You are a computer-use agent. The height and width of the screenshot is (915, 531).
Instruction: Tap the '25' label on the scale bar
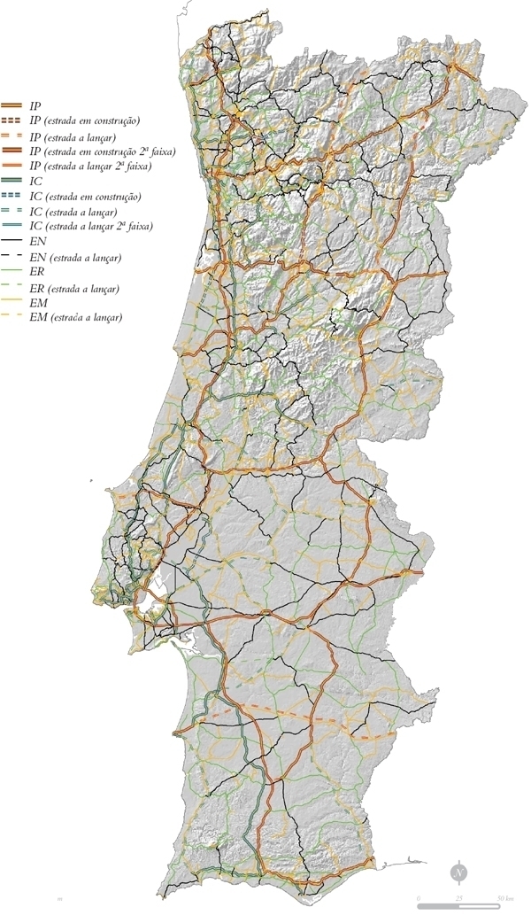[459, 899]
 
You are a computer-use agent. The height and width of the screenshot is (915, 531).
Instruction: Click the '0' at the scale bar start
[419, 899]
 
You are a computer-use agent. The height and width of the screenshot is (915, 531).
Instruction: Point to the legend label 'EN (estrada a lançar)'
[74, 257]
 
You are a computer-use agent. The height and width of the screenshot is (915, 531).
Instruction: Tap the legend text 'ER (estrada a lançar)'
[74, 288]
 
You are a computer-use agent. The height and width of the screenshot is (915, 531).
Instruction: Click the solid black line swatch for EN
[12, 241]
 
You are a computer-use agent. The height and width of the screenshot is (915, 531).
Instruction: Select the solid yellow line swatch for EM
[12, 302]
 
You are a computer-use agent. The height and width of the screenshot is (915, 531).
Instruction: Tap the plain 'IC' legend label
[36, 181]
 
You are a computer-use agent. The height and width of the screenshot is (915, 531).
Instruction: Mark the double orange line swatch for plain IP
[12, 105]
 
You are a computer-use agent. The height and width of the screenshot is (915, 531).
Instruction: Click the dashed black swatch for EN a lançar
[12, 256]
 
